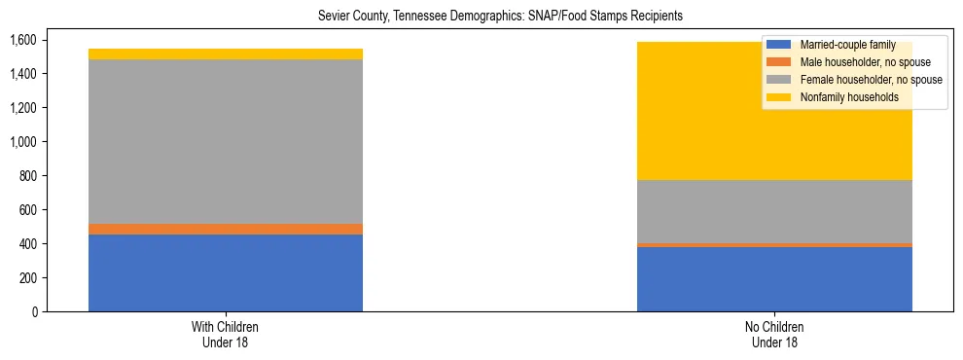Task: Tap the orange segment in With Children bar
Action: (x=226, y=230)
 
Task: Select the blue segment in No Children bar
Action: (x=774, y=279)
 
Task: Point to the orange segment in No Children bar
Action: (x=774, y=245)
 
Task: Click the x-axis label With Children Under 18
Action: (x=226, y=334)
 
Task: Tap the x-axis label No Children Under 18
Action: (x=774, y=334)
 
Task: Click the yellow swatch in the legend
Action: (x=779, y=97)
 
